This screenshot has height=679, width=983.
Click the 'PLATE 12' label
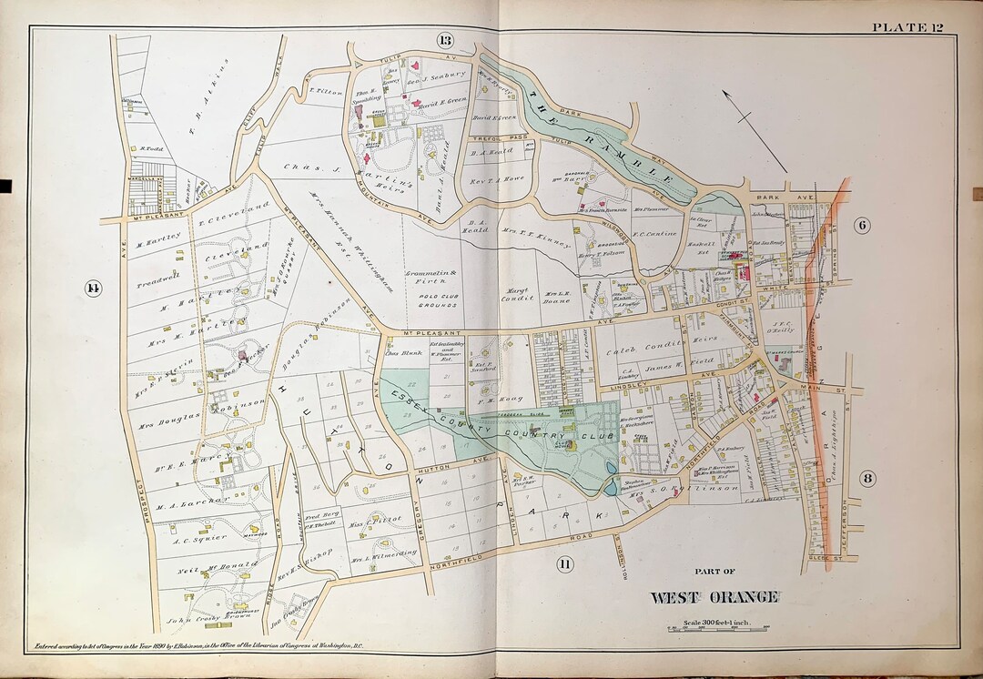pos(922,26)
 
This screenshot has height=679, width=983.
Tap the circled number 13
pos(444,40)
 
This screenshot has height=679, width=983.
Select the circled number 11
pos(564,563)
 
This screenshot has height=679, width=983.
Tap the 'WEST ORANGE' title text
pos(714,597)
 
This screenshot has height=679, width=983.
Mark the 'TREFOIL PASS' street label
pos(492,138)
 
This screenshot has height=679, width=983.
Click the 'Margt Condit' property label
pos(516,294)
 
